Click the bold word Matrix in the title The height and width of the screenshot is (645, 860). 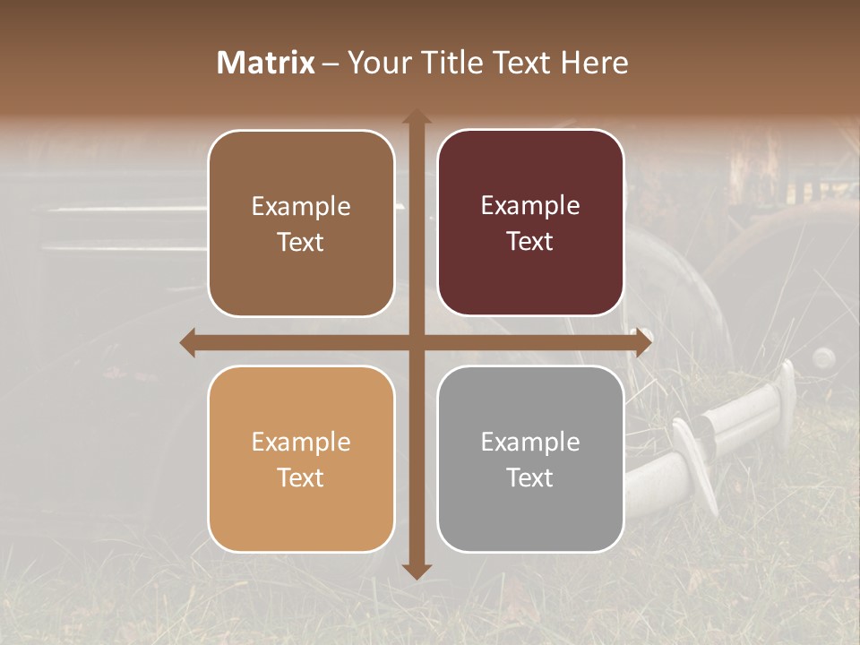(x=266, y=63)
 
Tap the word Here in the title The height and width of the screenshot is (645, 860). (x=594, y=63)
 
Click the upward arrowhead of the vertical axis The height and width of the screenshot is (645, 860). (x=417, y=117)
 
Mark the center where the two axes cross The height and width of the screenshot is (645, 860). (x=417, y=343)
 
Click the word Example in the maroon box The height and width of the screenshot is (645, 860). (x=530, y=206)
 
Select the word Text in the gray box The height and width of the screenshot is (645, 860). (x=530, y=477)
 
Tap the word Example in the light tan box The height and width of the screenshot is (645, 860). (x=301, y=443)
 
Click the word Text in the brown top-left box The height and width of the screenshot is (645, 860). (x=301, y=242)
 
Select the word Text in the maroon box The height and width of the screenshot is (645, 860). (x=530, y=242)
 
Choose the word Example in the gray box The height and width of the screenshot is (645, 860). (x=530, y=443)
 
